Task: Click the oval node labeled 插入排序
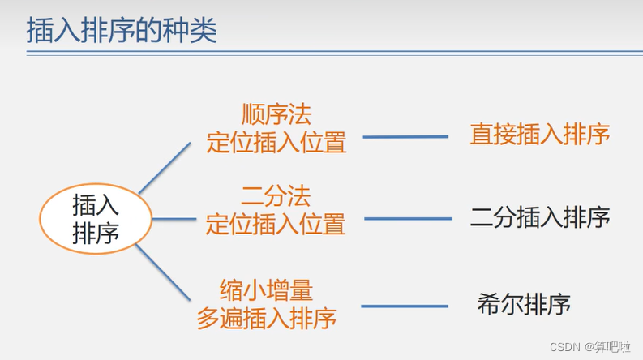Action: coord(96,216)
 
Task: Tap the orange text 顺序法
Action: coord(276,114)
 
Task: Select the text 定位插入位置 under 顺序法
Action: coord(276,143)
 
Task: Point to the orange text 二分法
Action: coord(276,195)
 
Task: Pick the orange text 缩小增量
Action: coord(267,289)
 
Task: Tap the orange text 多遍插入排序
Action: coord(267,318)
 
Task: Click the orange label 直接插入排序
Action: coord(539,135)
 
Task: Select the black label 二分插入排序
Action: coord(540,217)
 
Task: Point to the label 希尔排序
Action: coord(525,305)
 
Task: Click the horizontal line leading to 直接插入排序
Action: coord(405,136)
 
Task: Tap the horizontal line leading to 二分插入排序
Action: coord(407,218)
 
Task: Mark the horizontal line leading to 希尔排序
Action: coord(405,306)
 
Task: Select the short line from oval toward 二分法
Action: coord(173,218)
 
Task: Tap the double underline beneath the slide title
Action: coord(324,54)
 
